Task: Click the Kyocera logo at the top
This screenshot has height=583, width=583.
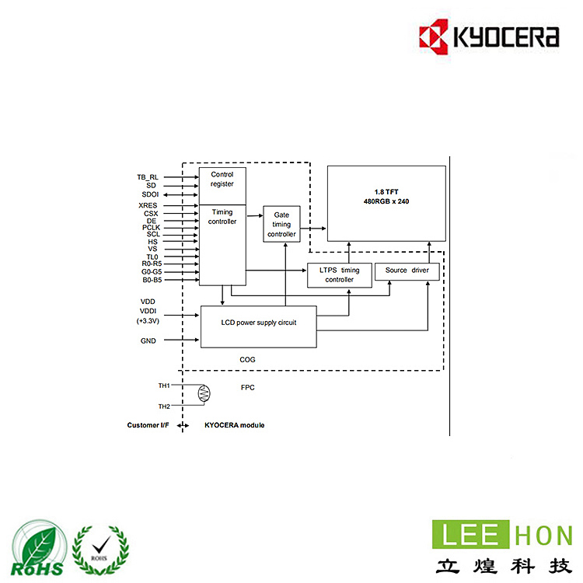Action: pos(488,37)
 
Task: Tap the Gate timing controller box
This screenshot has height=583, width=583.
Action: pos(281,224)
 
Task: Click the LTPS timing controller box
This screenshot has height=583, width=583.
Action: pos(339,275)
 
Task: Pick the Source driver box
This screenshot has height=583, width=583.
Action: pos(407,271)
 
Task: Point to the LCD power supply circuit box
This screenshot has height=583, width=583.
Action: pos(258,322)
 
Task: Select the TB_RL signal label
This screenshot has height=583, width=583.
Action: pos(148,177)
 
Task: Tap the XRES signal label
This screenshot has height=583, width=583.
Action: pos(148,205)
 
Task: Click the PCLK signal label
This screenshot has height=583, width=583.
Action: pos(151,227)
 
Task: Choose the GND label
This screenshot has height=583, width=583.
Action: pos(148,340)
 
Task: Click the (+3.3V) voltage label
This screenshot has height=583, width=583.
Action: pos(148,320)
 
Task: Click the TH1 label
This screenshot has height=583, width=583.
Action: pos(164,386)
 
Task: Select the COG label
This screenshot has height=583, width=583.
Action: pos(247,360)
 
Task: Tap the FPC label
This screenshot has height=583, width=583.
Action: pos(248,387)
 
